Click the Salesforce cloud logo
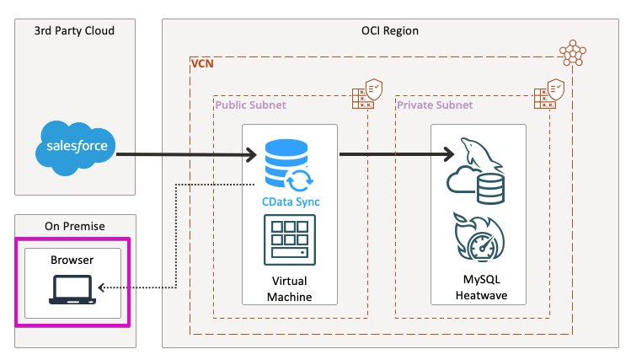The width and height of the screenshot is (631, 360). click(x=74, y=146)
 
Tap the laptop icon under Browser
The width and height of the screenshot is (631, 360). click(x=73, y=291)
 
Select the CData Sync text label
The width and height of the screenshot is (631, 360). click(x=289, y=202)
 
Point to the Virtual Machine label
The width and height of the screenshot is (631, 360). click(x=289, y=289)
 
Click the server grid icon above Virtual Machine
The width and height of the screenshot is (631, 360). click(x=289, y=242)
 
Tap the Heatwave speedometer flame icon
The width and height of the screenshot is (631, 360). click(x=479, y=239)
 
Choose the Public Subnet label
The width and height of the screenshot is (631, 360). click(x=251, y=105)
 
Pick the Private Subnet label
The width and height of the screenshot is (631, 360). click(x=435, y=105)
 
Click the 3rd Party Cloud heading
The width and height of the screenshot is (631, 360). click(x=74, y=31)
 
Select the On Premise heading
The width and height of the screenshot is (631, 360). click(x=73, y=225)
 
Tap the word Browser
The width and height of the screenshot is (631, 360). click(x=73, y=261)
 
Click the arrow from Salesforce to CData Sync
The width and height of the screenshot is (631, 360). click(x=185, y=154)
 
